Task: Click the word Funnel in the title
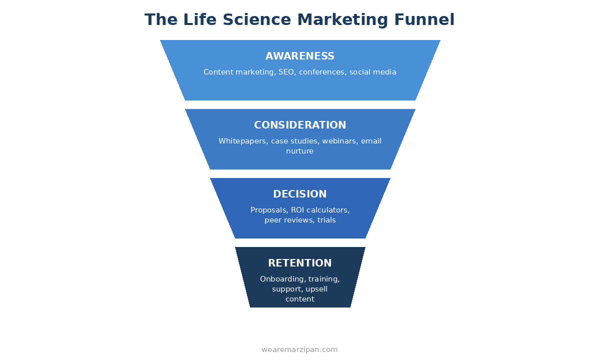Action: [x=424, y=20]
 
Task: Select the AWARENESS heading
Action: [x=300, y=56]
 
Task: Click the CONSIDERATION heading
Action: [x=300, y=125]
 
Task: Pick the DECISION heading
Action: [x=300, y=194]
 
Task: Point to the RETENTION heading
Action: [x=300, y=263]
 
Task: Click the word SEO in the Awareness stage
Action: [x=286, y=72]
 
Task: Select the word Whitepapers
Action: [x=242, y=141]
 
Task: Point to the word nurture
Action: [x=300, y=151]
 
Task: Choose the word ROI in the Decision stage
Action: [x=298, y=210]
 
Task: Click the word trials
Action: [x=326, y=220]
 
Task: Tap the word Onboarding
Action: [x=282, y=279]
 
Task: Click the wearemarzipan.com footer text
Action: [x=299, y=350]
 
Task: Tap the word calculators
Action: [x=328, y=210]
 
